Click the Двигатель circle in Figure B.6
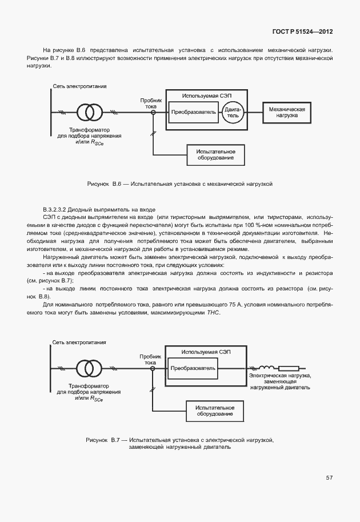(x=233, y=112)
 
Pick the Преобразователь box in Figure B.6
(x=194, y=112)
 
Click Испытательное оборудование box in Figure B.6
(x=216, y=154)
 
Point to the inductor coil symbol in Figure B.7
(x=266, y=368)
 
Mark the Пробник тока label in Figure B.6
(x=150, y=103)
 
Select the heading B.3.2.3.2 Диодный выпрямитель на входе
(x=98, y=210)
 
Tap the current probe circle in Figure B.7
(x=153, y=368)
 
